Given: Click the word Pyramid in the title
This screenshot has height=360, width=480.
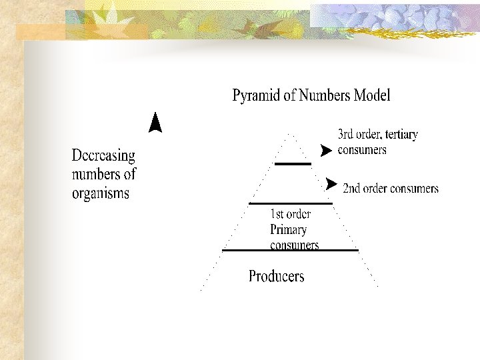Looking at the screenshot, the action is pos(255,96).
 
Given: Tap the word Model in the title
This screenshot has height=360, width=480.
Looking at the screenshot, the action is pos(372,95).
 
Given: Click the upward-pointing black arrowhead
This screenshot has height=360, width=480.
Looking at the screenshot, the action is pos(155,123).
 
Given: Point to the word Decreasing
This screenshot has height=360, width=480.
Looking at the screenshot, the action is pos(103,156).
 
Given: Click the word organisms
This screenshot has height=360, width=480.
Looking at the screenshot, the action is pos(101,194).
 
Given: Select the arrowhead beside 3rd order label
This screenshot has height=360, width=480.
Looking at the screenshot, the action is pos(325,151).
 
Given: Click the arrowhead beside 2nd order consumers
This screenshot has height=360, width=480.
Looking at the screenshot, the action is pos(331,183).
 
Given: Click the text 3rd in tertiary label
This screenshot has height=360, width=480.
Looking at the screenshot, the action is pos(346,135).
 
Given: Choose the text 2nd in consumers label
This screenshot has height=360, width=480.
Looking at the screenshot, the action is pos(351,189).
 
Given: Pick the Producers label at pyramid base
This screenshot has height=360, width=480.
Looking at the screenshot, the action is pos(276,276).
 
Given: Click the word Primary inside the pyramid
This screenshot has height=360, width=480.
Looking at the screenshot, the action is pos(288,230).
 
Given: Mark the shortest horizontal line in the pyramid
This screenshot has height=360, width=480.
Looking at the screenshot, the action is pos(293,163).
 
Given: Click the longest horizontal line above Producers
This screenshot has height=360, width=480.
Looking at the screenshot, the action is pos(290,251).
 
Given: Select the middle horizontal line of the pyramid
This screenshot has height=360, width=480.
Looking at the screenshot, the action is pos(290,203).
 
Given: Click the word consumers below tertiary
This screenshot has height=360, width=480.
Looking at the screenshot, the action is pos(362,150).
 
